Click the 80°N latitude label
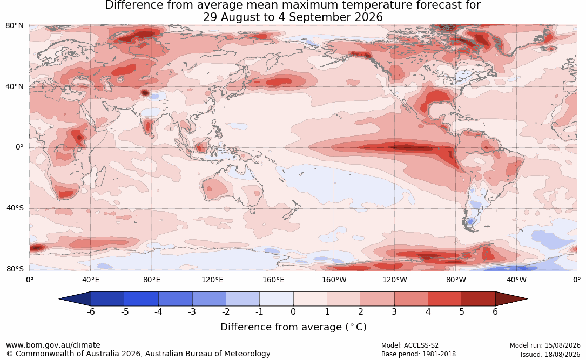click(14, 26)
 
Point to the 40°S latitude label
click(15, 208)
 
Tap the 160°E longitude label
click(273, 280)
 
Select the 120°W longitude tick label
click(395, 280)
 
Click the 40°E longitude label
click(90, 280)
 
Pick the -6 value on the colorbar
click(90, 311)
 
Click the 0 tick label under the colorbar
click(293, 311)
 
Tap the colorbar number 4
click(428, 311)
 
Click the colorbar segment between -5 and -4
click(142, 299)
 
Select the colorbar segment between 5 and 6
click(479, 299)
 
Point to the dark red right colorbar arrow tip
click(527, 299)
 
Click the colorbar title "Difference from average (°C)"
click(293, 327)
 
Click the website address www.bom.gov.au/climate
click(53, 345)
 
